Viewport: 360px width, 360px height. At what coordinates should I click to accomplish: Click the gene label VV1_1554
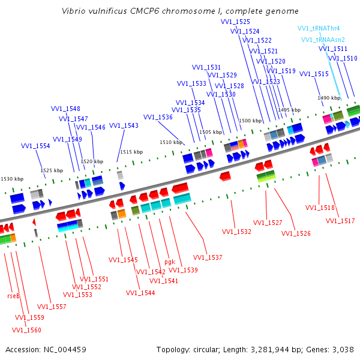click(x=35, y=146)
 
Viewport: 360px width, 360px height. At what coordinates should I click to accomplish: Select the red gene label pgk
click(x=170, y=262)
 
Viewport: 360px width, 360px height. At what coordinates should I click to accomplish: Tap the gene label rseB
click(x=13, y=296)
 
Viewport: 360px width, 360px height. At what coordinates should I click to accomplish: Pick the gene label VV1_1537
click(x=208, y=257)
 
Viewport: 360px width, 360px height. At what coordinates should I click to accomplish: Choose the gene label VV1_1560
click(x=26, y=329)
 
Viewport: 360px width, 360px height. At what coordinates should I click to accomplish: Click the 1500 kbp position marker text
click(x=250, y=121)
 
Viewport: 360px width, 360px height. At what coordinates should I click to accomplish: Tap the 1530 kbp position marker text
click(x=12, y=179)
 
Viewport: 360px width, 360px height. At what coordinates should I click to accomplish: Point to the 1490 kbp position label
click(x=329, y=98)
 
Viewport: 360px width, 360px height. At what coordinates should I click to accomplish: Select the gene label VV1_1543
click(x=124, y=125)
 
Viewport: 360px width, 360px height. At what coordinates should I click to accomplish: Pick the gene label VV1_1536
click(x=158, y=117)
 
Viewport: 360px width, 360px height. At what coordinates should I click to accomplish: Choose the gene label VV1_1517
click(x=340, y=221)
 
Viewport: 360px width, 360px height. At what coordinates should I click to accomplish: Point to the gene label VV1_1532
click(x=236, y=232)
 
